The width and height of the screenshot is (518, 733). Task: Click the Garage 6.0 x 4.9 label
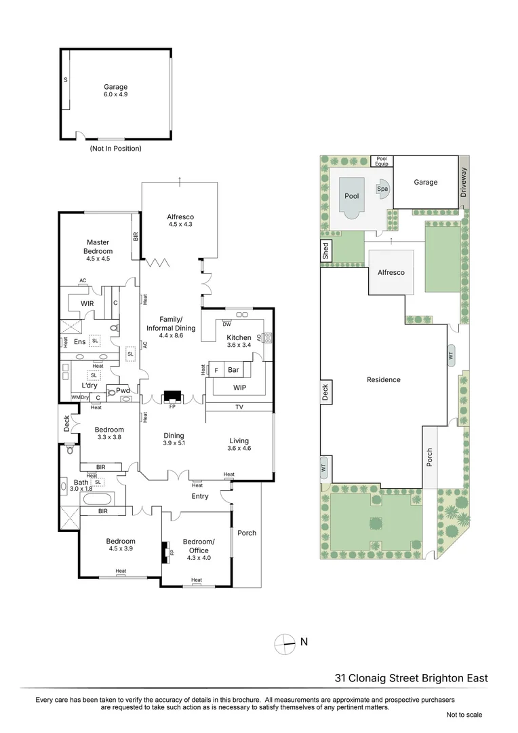115,91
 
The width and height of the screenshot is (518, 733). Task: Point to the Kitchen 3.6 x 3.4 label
239,341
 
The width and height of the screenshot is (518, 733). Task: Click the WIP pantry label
239,388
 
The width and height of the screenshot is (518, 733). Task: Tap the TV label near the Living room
239,407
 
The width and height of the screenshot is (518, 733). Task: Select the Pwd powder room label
123,391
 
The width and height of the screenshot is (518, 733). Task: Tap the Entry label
199,496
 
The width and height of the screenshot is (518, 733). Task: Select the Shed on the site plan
325,251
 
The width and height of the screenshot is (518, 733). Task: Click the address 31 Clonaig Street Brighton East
411,677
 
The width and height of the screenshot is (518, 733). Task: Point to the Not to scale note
464,714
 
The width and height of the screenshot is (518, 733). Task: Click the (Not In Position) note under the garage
115,148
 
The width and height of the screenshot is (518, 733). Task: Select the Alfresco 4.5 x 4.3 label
180,221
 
